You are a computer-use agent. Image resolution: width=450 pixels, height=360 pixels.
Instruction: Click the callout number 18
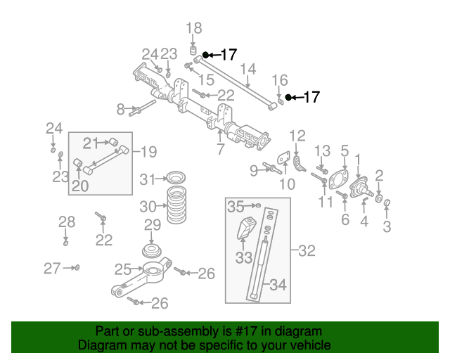pyautogui.click(x=193, y=28)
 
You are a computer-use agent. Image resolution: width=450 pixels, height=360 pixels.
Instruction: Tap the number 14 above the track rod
pyautogui.click(x=247, y=69)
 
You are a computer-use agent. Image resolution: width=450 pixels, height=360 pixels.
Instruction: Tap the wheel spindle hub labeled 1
pyautogui.click(x=359, y=186)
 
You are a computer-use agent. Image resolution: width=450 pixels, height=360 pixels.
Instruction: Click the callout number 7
pyautogui.click(x=220, y=150)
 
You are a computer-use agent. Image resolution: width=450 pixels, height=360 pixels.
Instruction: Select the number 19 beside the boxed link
pyautogui.click(x=147, y=151)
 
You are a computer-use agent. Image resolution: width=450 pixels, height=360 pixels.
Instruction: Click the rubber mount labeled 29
pyautogui.click(x=152, y=251)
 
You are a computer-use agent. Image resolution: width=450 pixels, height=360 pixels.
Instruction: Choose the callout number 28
pyautogui.click(x=66, y=223)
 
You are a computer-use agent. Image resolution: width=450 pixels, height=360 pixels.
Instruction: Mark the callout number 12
pyautogui.click(x=297, y=135)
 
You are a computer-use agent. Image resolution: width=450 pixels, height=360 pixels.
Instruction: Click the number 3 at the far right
pyautogui.click(x=387, y=226)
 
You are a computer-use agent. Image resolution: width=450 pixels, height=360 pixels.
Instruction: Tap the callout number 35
pyautogui.click(x=236, y=206)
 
